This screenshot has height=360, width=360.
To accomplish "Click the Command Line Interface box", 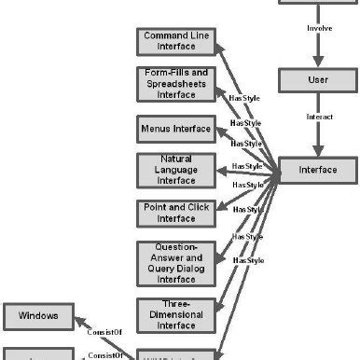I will pyautogui.click(x=175, y=41).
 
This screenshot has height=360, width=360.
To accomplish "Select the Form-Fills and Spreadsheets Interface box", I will pyautogui.click(x=175, y=82).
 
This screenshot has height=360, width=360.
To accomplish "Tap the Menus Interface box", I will pyautogui.click(x=175, y=127).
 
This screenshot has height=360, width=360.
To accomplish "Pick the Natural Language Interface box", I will pyautogui.click(x=175, y=169).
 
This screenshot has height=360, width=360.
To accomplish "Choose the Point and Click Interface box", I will pyautogui.click(x=175, y=213).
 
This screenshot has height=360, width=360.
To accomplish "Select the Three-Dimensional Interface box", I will pyautogui.click(x=175, y=314).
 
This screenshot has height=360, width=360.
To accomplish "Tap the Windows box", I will pyautogui.click(x=38, y=316).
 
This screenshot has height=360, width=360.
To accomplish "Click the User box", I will pyautogui.click(x=318, y=80).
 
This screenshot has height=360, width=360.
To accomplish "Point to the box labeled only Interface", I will pyautogui.click(x=318, y=171).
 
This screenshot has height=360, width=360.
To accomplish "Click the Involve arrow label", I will pyautogui.click(x=320, y=29).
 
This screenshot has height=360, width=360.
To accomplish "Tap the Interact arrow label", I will pyautogui.click(x=320, y=117).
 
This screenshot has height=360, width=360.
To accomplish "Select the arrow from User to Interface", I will pyautogui.click(x=318, y=135).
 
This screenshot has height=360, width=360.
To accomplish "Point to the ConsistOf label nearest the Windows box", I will pyautogui.click(x=105, y=331).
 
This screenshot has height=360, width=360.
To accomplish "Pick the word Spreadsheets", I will pyautogui.click(x=175, y=82).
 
